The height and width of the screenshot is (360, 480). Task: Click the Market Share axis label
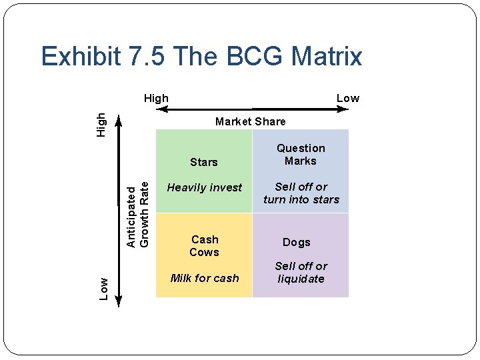[x=250, y=121]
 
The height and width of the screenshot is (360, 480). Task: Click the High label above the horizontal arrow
[x=157, y=98]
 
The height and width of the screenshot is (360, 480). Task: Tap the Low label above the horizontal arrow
[x=347, y=98]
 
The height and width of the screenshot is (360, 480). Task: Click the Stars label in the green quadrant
[x=203, y=162]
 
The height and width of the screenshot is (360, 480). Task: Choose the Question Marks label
[x=301, y=155]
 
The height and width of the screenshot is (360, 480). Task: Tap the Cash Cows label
[x=204, y=245]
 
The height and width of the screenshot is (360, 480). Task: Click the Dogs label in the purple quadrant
[x=296, y=243]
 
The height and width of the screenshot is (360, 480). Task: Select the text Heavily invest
[x=204, y=188]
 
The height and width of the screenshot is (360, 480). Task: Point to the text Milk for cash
[x=204, y=278]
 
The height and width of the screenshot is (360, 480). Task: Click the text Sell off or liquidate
[x=301, y=272]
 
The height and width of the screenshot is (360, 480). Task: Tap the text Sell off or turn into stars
[x=301, y=193]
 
